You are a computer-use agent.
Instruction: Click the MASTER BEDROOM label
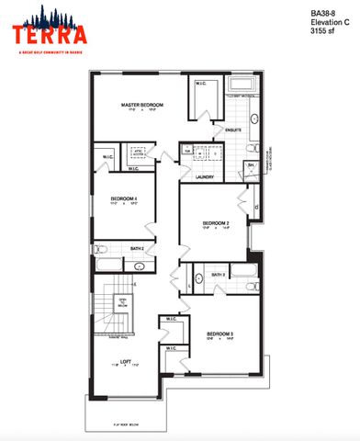[142, 106]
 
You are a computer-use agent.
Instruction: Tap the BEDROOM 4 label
[124, 198]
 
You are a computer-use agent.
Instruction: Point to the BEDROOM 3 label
[219, 333]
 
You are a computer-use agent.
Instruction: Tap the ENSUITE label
[232, 130]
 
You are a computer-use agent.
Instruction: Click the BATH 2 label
[137, 248]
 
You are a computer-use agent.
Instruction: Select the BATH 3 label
[219, 274]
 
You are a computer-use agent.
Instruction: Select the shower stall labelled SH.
[250, 166]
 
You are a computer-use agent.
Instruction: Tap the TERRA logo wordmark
[50, 35]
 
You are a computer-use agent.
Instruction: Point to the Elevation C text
[329, 22]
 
